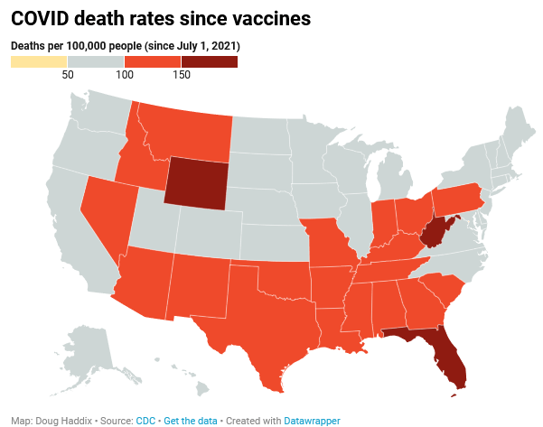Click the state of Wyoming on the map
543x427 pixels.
(197, 181)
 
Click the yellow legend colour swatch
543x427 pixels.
(39, 61)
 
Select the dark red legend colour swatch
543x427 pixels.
(209, 61)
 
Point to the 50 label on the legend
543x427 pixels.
(68, 75)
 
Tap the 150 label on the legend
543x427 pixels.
(181, 75)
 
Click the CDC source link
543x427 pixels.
(145, 421)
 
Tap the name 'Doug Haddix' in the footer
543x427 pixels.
(61, 421)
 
